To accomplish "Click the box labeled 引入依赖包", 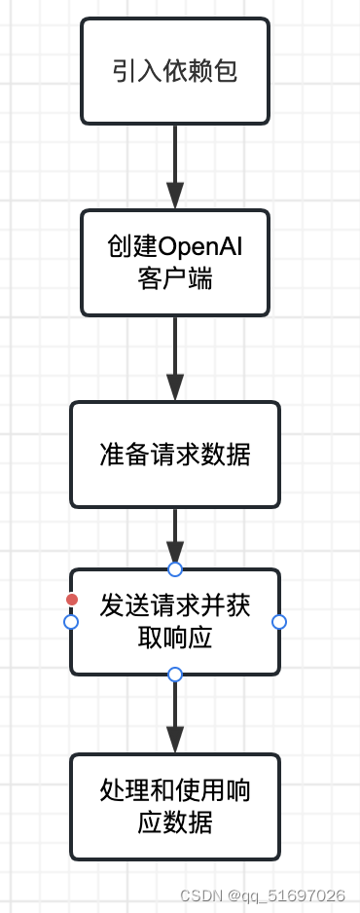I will point(175,71).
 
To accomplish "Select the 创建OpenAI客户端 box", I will point(175,263).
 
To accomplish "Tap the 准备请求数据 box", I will point(175,455).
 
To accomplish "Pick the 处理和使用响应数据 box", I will point(175,806).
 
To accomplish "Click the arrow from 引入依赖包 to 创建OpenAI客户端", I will point(175,165).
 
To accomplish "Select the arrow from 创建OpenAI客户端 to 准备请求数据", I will point(175,357).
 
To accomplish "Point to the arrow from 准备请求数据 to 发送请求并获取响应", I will point(175,535).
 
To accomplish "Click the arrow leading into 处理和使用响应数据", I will point(175,715).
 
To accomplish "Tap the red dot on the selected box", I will point(72,600).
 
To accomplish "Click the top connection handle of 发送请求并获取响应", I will point(175,568).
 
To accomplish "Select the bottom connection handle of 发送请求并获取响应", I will point(175,674).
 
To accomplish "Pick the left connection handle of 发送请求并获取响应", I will point(71,621).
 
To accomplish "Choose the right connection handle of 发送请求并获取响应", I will point(279,621).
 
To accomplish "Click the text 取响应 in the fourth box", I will point(175,639).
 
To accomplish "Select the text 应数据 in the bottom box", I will point(175,822).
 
